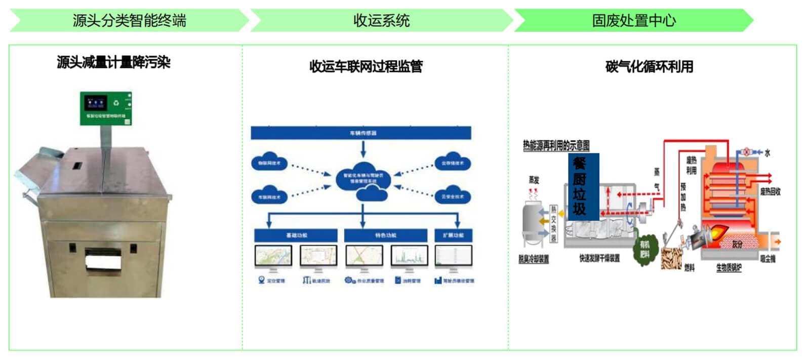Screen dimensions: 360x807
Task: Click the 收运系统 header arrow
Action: pyautogui.click(x=381, y=21)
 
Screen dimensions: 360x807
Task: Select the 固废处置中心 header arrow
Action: pyautogui.click(x=633, y=21)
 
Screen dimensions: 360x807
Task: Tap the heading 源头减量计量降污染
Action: pyautogui.click(x=113, y=62)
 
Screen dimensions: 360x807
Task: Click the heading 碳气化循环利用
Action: pyautogui.click(x=649, y=66)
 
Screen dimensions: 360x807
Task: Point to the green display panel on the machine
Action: pyautogui.click(x=106, y=108)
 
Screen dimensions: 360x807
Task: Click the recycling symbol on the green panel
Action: pyautogui.click(x=116, y=103)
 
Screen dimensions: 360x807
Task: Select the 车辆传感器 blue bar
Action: pyautogui.click(x=361, y=133)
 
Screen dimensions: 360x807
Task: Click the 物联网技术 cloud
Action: pyautogui.click(x=269, y=163)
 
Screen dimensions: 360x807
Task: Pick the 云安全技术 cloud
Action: pyautogui.click(x=452, y=196)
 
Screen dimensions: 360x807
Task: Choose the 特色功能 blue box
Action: pyautogui.click(x=386, y=235)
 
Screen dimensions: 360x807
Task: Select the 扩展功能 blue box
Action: pyautogui.click(x=453, y=235)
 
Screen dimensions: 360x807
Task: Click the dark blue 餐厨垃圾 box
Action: pyautogui.click(x=583, y=186)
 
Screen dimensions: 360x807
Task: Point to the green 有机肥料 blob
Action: pyautogui.click(x=644, y=249)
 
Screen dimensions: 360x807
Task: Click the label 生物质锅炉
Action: pyautogui.click(x=729, y=268)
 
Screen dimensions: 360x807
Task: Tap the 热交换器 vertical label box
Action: pyautogui.click(x=554, y=224)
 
